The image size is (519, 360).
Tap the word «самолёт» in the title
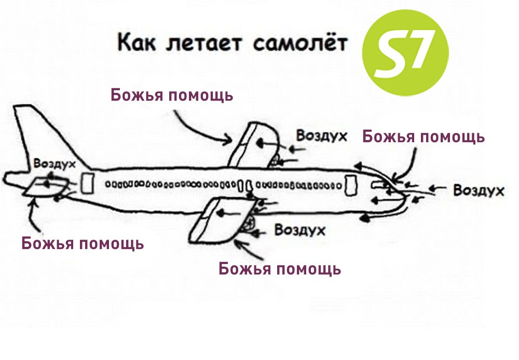point(300,43)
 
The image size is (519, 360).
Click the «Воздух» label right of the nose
point(479,190)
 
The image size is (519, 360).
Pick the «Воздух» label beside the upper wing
point(321,136)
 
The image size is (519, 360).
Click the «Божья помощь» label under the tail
point(83,243)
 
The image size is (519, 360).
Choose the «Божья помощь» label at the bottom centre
point(280,269)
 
